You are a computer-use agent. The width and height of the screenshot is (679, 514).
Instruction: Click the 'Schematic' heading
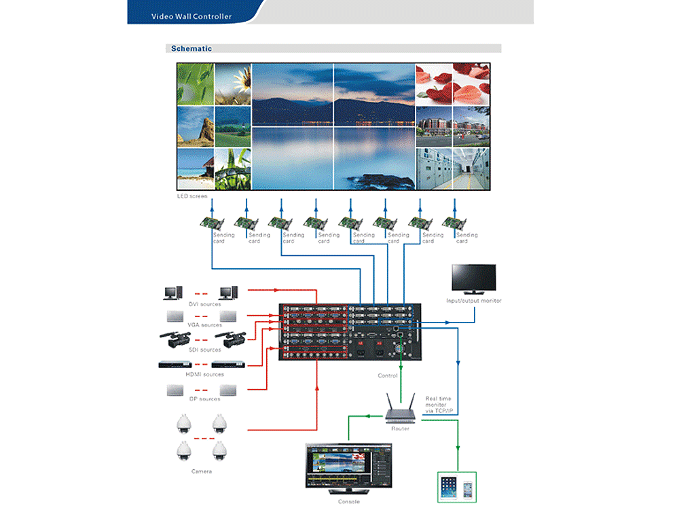[x=191, y=48]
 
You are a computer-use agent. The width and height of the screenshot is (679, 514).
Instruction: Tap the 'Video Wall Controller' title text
[x=191, y=16]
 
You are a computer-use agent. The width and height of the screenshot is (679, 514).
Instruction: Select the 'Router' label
[x=400, y=428]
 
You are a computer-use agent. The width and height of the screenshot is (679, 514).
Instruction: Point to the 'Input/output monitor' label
[x=474, y=300]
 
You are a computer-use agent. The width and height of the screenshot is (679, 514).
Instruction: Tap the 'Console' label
[x=348, y=502]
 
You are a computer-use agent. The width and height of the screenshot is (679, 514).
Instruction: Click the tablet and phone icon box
[x=456, y=487]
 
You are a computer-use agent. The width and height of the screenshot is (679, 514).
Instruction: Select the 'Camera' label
[x=201, y=471]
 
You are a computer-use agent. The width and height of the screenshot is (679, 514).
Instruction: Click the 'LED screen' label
[x=192, y=196]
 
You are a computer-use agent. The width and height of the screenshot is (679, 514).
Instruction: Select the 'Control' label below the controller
[x=388, y=375]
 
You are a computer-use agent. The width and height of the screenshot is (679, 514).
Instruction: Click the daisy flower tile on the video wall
[x=233, y=84]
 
